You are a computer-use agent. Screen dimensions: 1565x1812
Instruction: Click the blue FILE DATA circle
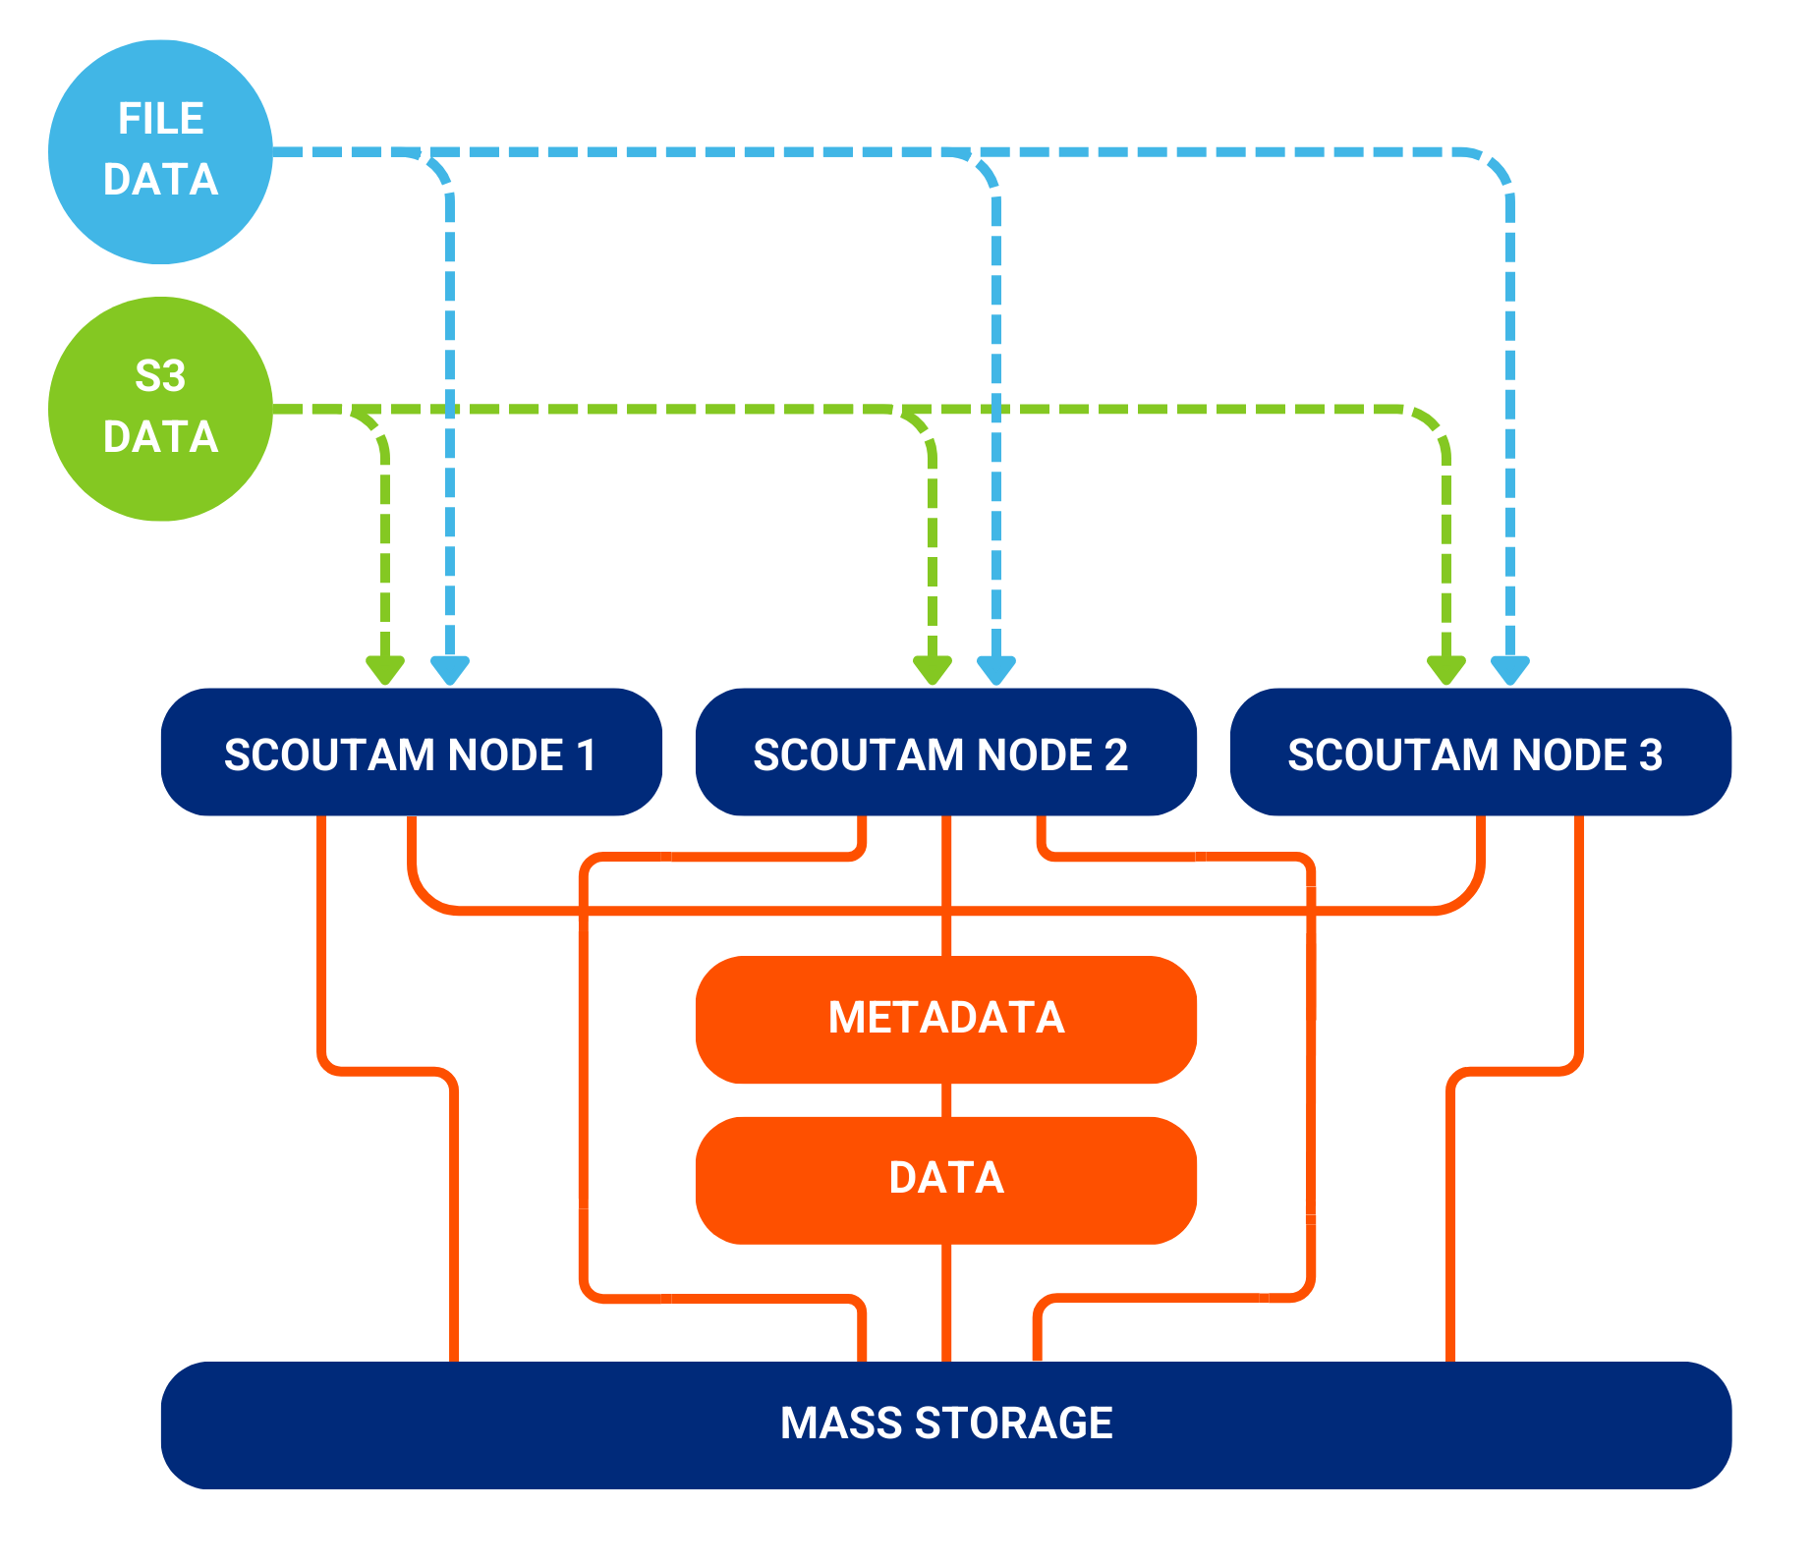(x=160, y=152)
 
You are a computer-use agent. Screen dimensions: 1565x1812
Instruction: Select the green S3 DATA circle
(x=160, y=409)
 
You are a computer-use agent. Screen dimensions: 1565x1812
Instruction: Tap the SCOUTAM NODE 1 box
(x=411, y=753)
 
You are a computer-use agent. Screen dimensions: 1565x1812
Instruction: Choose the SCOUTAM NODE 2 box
(x=945, y=753)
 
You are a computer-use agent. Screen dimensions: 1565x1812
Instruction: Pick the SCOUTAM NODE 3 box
(x=1480, y=753)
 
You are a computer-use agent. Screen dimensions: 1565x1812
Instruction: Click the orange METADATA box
(x=945, y=1019)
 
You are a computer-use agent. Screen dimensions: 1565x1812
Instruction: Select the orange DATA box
(x=945, y=1179)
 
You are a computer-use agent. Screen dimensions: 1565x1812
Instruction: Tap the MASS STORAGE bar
(x=945, y=1425)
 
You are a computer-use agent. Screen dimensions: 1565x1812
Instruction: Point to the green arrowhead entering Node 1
(x=385, y=670)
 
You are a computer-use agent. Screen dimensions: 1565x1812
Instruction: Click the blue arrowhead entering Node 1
(x=450, y=670)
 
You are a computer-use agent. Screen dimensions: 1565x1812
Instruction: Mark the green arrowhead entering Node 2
(x=932, y=670)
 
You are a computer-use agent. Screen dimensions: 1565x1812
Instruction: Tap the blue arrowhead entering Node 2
(x=996, y=670)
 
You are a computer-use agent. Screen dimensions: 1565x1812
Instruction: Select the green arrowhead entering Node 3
(x=1446, y=670)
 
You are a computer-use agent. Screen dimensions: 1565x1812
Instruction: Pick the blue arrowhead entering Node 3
(x=1510, y=670)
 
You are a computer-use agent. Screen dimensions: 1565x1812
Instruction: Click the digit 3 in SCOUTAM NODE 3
(x=1651, y=755)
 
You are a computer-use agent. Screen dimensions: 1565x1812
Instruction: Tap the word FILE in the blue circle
(x=160, y=119)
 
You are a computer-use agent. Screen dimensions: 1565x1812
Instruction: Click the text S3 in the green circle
(x=160, y=376)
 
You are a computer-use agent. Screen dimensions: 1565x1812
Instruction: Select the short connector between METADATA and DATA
(x=946, y=1100)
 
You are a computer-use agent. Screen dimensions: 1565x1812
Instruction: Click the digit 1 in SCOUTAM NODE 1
(x=587, y=755)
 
